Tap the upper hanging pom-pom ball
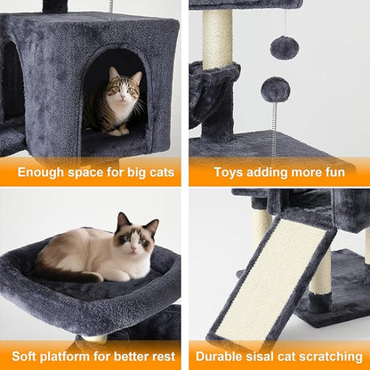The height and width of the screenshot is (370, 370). click(285, 48)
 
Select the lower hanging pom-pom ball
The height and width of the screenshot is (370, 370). click(276, 89)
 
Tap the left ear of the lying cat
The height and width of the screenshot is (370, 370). click(122, 219)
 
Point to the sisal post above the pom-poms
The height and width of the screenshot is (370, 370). click(217, 40)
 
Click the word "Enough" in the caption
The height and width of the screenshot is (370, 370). click(41, 172)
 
